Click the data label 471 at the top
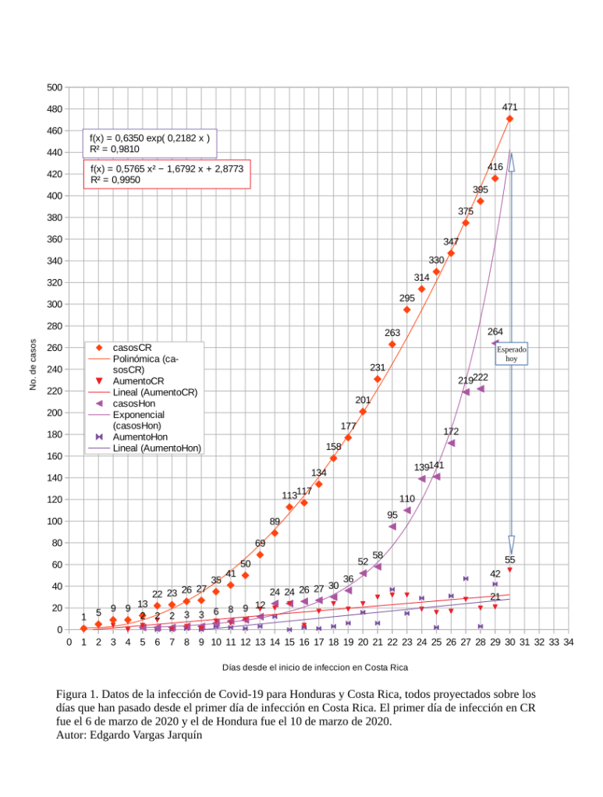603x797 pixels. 509,107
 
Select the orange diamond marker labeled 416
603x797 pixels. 495,179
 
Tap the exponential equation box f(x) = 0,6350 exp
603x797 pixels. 149,143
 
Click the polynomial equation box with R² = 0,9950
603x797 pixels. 167,173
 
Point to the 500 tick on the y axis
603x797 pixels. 54,87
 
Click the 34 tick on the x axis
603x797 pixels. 569,642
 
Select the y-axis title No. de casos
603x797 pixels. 33,365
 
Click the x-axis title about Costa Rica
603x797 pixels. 314,668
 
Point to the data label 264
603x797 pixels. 495,331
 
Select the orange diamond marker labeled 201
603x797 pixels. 363,411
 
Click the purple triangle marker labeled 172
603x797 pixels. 451,443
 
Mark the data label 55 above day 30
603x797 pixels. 510,559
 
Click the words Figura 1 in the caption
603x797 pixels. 76,694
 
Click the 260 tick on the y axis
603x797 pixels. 54,348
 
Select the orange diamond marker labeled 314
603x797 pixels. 421,289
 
